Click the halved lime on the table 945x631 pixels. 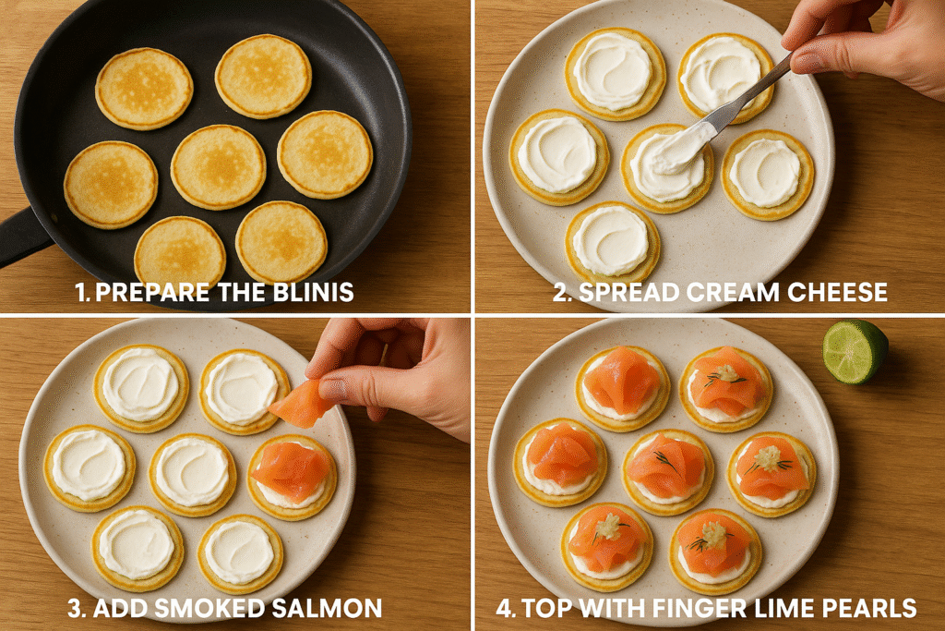coord(855,352)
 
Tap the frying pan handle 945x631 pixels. coord(21,237)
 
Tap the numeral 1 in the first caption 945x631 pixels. coord(80,292)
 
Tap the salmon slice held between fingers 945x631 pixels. coord(302,403)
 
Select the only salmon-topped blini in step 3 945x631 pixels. coord(293,477)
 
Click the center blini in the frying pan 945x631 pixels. coord(218,167)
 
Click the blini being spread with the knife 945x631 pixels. coord(667,168)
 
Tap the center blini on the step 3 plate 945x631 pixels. coord(193,475)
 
